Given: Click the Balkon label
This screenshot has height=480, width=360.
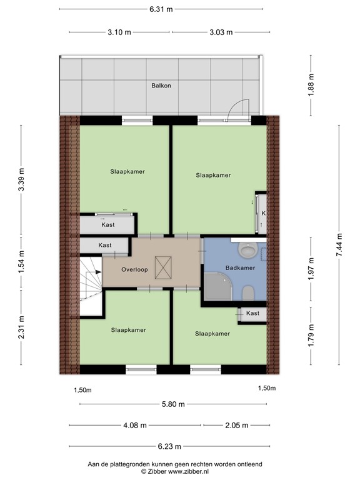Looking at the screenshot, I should [161, 86].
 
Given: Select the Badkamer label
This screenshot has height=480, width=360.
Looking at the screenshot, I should [240, 268].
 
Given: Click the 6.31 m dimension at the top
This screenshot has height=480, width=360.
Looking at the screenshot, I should [161, 9].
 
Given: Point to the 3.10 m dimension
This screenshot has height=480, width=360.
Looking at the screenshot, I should [119, 32].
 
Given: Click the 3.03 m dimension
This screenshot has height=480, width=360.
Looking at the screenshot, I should [221, 32].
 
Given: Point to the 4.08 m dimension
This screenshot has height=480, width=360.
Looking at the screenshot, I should [134, 426].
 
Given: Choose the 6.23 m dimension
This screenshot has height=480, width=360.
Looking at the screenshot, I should [169, 446].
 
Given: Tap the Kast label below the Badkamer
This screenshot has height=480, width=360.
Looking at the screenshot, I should [252, 313].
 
